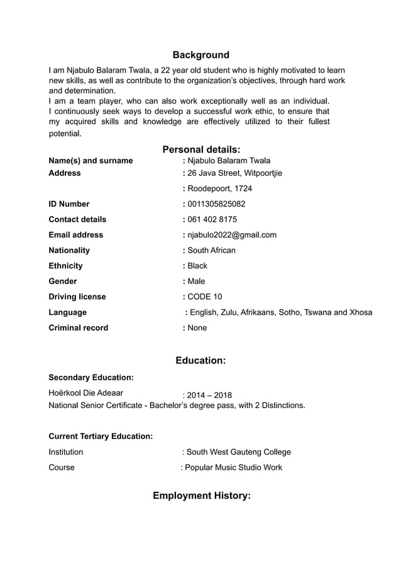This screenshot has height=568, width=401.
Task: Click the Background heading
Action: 200,55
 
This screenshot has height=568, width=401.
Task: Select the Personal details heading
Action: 201,149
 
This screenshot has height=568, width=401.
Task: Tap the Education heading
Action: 200,361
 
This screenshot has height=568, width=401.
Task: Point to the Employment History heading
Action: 201,496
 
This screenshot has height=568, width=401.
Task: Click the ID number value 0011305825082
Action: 216,204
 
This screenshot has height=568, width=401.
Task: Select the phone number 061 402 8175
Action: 212,219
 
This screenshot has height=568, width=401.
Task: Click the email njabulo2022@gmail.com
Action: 232,235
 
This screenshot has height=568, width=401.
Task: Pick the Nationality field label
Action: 69,250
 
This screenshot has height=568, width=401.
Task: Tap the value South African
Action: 211,250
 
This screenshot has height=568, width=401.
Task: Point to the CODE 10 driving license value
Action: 204,297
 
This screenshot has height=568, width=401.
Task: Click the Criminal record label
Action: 78,327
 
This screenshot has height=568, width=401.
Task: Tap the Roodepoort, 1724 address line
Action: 219,188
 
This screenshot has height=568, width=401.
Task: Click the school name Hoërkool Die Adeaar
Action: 85,394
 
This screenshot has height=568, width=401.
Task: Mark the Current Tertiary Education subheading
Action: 101,436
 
